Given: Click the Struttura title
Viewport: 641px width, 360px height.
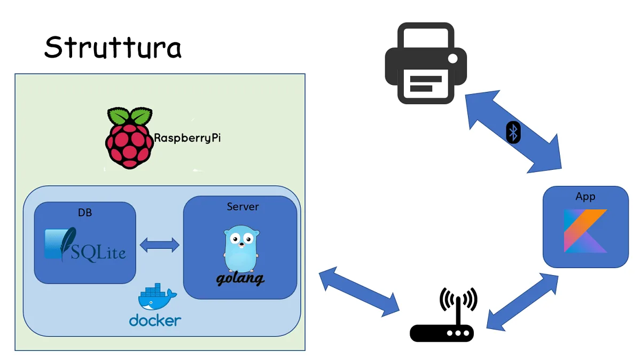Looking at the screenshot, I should [x=113, y=48].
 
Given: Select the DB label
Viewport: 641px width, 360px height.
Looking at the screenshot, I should [x=85, y=213].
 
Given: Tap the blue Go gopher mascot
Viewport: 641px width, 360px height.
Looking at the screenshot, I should [x=241, y=248].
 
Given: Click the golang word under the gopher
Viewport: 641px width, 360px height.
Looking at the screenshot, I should [x=240, y=279].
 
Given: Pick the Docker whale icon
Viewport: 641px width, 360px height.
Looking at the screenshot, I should [x=155, y=299].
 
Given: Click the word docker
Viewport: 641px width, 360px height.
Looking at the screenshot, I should [x=155, y=320].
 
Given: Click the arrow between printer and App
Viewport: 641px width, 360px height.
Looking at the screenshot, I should [x=513, y=132].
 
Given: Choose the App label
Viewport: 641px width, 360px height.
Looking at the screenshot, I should [x=585, y=197].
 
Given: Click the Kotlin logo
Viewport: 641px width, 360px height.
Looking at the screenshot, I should [x=585, y=231].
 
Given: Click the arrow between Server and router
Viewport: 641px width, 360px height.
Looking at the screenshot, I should [x=359, y=291].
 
